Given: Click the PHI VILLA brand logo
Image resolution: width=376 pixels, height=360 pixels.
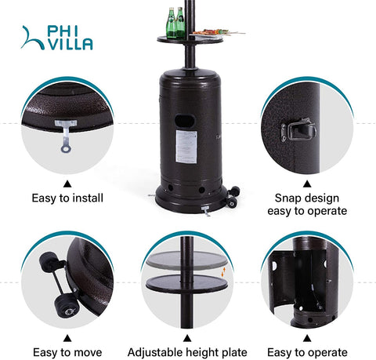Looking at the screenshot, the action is click(x=56, y=38).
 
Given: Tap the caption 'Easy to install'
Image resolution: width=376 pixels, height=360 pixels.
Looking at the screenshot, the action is click(x=67, y=198).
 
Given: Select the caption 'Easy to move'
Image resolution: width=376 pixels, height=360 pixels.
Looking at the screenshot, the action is click(x=67, y=352).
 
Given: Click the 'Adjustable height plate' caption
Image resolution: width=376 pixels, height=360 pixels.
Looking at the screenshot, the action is click(x=187, y=352).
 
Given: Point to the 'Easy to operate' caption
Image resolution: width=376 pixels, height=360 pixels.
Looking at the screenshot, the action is click(x=307, y=352).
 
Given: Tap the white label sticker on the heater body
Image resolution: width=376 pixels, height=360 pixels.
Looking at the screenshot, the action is click(x=186, y=147).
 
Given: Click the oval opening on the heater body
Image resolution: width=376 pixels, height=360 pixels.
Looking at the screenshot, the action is click(x=185, y=121).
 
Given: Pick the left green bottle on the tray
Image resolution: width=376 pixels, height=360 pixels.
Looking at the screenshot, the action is click(x=172, y=23).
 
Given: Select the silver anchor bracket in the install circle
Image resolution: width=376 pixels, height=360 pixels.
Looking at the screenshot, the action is click(x=66, y=136).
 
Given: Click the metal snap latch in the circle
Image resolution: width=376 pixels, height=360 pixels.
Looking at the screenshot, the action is click(x=298, y=130).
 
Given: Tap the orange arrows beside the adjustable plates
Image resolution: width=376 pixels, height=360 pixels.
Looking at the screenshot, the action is click(x=223, y=272).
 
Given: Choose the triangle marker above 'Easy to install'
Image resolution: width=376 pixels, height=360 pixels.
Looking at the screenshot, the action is click(x=67, y=184).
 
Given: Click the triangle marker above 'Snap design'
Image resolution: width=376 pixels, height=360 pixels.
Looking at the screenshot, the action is click(x=307, y=184).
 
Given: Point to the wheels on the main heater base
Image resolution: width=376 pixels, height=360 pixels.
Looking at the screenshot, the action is click(x=233, y=197).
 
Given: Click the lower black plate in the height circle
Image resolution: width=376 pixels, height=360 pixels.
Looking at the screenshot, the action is click(x=186, y=283).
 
